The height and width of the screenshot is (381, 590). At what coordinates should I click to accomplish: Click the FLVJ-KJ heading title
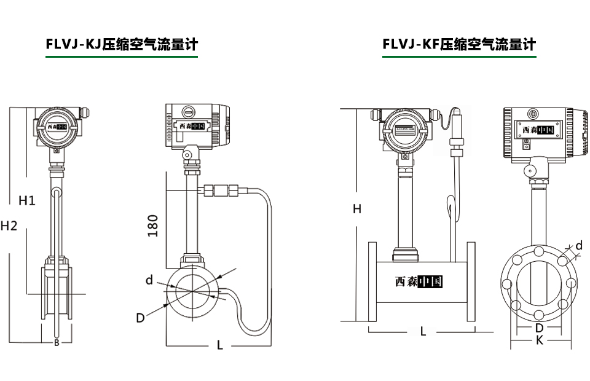[x=122, y=44]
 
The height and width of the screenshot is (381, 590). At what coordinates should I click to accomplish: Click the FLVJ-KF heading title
[x=458, y=44]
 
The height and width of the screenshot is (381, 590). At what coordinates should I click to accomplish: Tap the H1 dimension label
[x=27, y=200]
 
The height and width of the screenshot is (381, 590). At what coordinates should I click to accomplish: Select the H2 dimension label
[x=9, y=226]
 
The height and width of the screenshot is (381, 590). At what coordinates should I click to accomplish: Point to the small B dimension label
[x=57, y=343]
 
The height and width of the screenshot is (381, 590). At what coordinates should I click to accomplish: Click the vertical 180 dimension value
[x=153, y=226]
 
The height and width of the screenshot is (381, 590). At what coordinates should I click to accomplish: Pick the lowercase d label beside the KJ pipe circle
[x=149, y=280]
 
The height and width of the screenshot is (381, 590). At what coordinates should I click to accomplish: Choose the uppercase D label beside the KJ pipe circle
[x=140, y=318]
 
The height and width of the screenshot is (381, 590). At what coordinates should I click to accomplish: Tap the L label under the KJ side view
[x=220, y=345]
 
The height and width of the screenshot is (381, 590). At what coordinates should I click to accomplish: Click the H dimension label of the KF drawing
[x=356, y=209]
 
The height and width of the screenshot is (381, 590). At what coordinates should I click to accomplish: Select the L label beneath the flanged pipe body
[x=423, y=331]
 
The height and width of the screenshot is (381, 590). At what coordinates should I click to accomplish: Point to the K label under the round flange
[x=539, y=340]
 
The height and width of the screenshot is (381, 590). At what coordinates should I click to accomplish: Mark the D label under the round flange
[x=539, y=328]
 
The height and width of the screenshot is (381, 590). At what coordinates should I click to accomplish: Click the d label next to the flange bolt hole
[x=578, y=246]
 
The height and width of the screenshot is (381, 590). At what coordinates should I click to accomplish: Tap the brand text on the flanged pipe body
[x=419, y=282]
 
